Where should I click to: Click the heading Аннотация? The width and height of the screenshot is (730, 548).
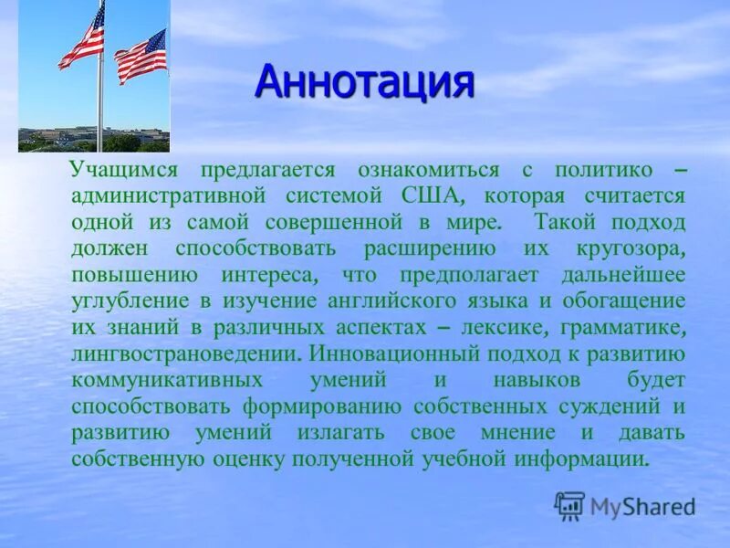tap(365, 82)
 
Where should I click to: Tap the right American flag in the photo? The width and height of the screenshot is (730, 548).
tap(141, 55)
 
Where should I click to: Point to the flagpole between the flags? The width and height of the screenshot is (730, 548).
tap(100, 100)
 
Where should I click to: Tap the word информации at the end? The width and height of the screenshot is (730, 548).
tap(591, 458)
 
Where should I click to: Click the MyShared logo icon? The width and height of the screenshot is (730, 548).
tap(569, 505)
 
